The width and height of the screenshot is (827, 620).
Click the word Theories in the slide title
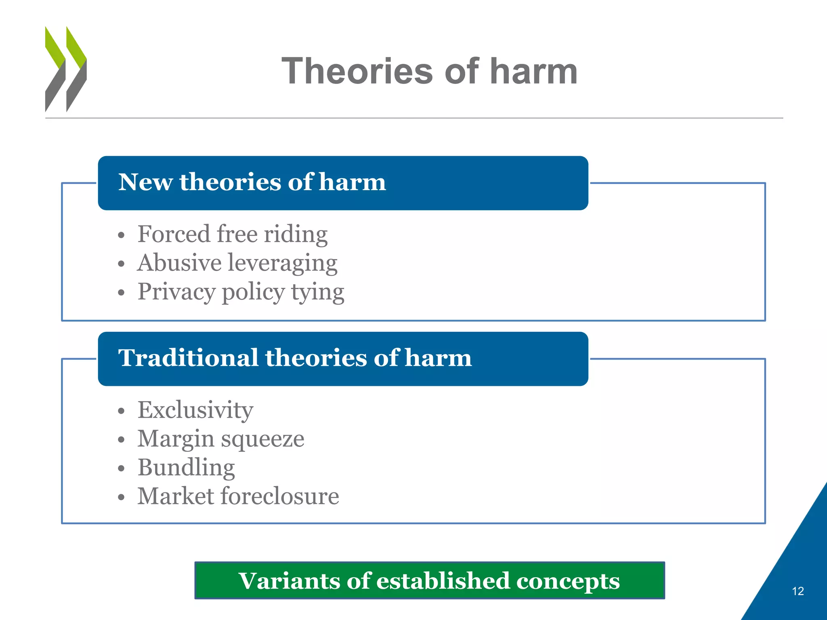coord(357,71)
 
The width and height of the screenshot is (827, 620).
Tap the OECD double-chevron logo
coord(66,69)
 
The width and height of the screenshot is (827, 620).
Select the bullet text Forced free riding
coord(232,234)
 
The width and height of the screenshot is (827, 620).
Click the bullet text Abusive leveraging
coord(237,263)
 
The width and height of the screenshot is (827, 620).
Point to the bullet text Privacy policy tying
coord(241,292)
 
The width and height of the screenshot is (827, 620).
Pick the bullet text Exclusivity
coord(195,410)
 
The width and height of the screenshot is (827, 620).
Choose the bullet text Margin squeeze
coord(221,439)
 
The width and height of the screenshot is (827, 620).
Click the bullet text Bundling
coord(186,467)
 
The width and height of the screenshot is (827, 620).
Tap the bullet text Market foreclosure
coord(238,496)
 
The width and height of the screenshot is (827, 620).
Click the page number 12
coord(798,591)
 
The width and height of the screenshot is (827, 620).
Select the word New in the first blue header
coord(145,182)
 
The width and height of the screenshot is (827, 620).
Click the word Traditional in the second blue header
coord(188,358)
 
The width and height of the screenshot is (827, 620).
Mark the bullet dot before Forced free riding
coord(122,235)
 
